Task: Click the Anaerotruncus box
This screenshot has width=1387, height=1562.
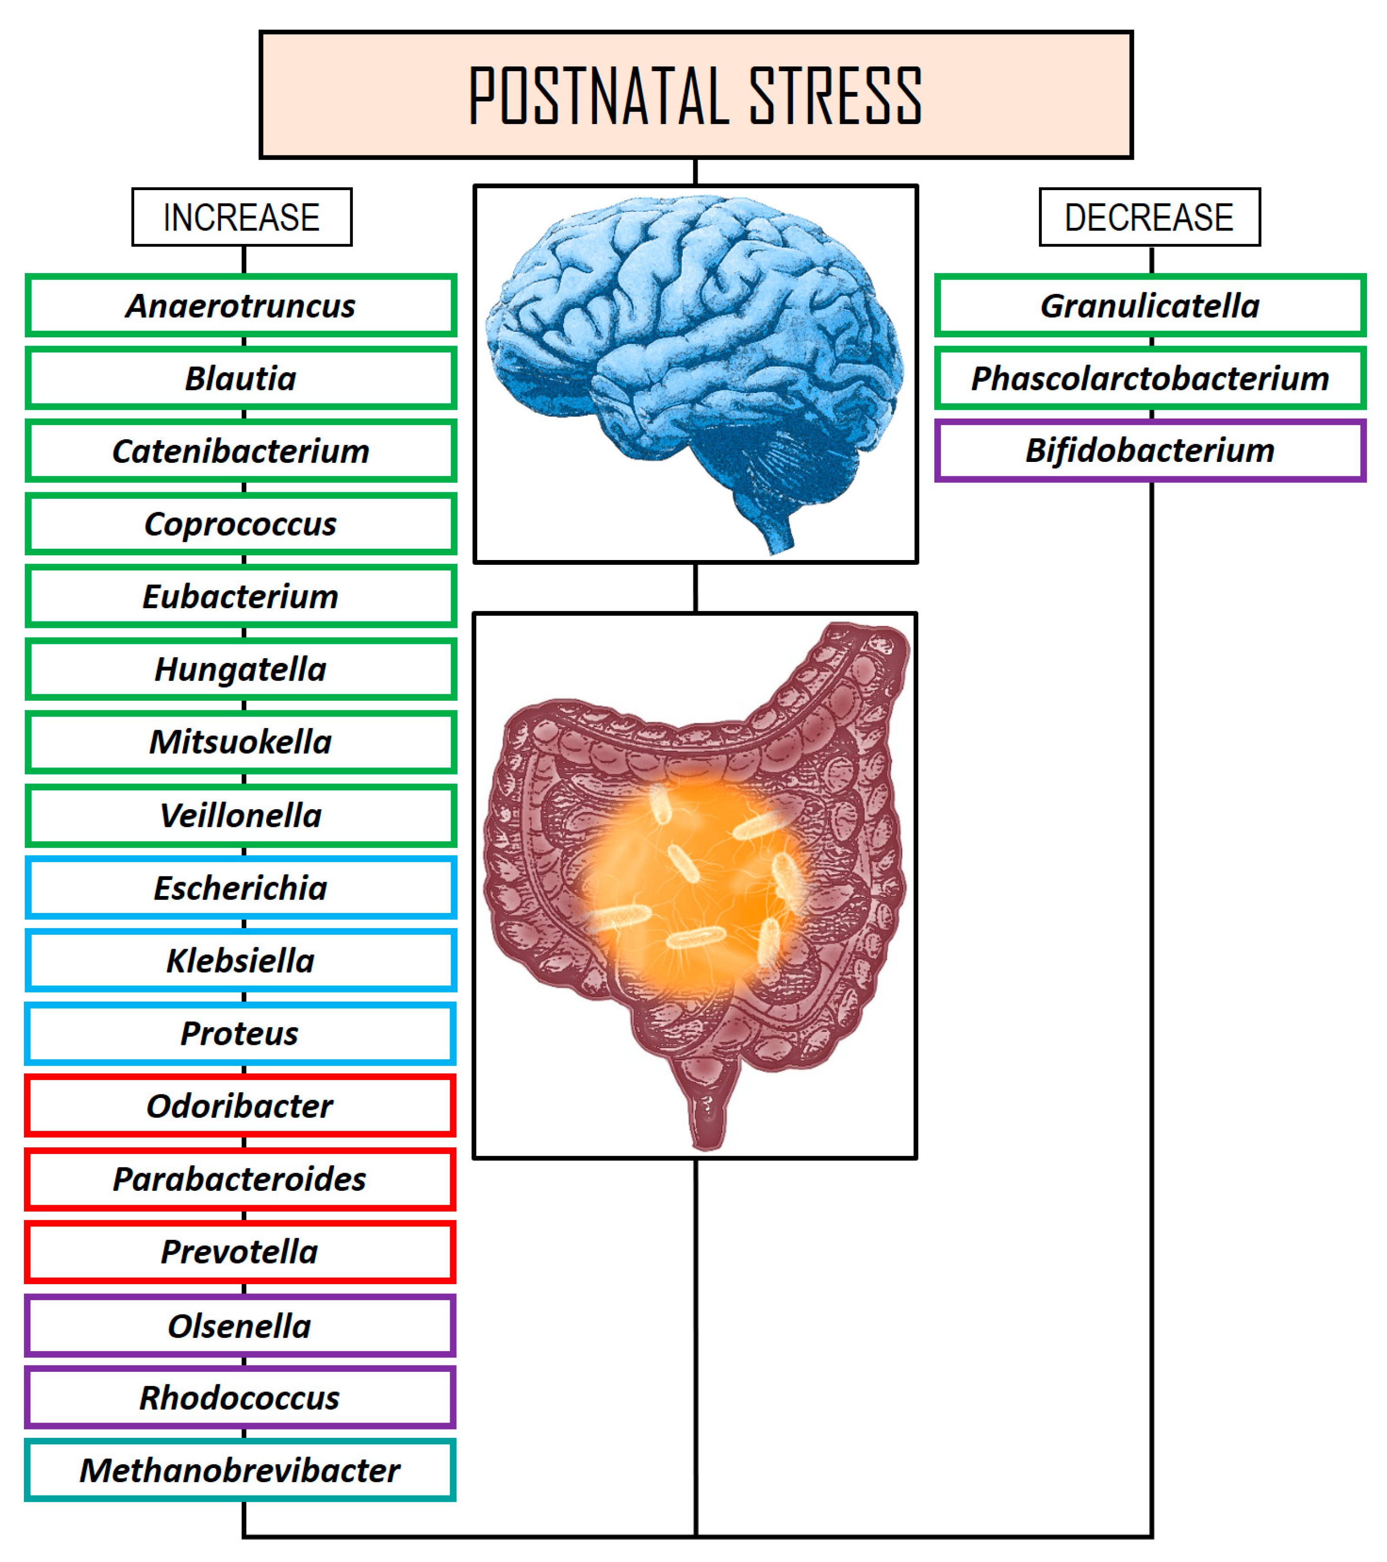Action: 241,306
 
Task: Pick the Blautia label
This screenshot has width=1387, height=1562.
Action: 241,378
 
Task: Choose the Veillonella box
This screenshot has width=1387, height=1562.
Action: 241,815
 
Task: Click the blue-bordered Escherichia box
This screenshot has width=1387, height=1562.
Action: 241,888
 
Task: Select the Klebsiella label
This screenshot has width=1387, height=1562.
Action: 241,961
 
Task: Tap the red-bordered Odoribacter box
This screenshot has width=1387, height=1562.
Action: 241,1106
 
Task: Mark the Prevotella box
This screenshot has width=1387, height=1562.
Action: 241,1252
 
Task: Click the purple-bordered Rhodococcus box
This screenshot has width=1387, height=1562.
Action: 241,1398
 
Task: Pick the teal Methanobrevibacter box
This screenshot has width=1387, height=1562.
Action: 241,1470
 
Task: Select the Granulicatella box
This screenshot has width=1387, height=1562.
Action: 1150,306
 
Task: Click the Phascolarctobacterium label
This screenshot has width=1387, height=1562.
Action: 1150,378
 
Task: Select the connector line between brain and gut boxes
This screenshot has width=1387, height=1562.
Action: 695,588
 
